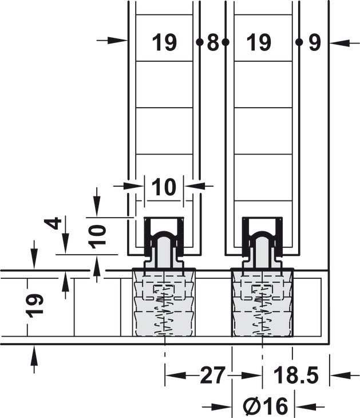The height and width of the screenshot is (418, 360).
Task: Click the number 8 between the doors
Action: pos(212,42)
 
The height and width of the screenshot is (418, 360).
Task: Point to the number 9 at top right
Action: pos(314,42)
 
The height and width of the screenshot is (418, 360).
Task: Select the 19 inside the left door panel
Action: pos(164,42)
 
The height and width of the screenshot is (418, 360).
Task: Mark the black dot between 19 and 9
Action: pos(298,42)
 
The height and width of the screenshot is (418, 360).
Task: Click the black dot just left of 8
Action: pos(199,42)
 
